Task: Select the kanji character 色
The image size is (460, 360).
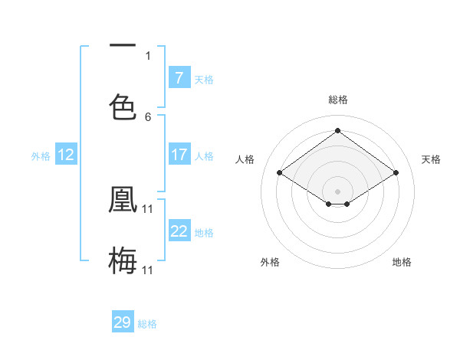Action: (x=123, y=106)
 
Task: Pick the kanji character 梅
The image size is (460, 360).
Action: (x=123, y=260)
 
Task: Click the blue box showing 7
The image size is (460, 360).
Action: (x=179, y=78)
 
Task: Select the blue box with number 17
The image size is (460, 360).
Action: (x=179, y=155)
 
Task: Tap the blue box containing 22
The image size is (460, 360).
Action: (x=179, y=231)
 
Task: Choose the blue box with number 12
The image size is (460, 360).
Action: (x=65, y=155)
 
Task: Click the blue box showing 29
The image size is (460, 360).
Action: (x=123, y=322)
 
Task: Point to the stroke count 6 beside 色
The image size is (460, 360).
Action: (x=148, y=117)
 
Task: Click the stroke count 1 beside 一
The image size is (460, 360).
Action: (x=148, y=56)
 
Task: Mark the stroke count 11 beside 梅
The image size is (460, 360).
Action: (x=148, y=270)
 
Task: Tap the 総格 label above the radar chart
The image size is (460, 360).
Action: (x=337, y=100)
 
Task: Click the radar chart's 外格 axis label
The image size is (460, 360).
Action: (x=269, y=262)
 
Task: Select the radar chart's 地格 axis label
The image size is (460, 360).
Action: (x=402, y=262)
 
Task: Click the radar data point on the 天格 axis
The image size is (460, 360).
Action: (x=396, y=173)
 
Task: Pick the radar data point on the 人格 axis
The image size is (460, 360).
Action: (x=280, y=173)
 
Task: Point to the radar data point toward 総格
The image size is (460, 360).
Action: (x=337, y=131)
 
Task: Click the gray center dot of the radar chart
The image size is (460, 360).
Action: (x=337, y=190)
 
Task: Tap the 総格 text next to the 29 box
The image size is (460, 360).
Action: (x=148, y=324)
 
